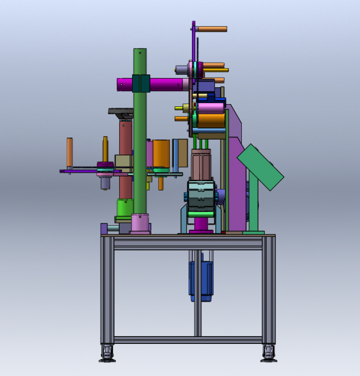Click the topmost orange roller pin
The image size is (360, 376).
coord(212,29)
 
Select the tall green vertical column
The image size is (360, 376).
coord(139,141)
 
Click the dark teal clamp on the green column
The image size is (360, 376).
coord(140,84)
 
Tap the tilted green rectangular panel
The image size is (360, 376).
coord(260,167)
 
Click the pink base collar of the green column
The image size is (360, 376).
coord(140,223)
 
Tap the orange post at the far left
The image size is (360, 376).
coord(70,152)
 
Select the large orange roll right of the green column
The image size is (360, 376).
coord(161,153)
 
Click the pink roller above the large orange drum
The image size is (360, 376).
coord(211,108)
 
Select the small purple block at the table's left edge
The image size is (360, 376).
coord(104,229)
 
